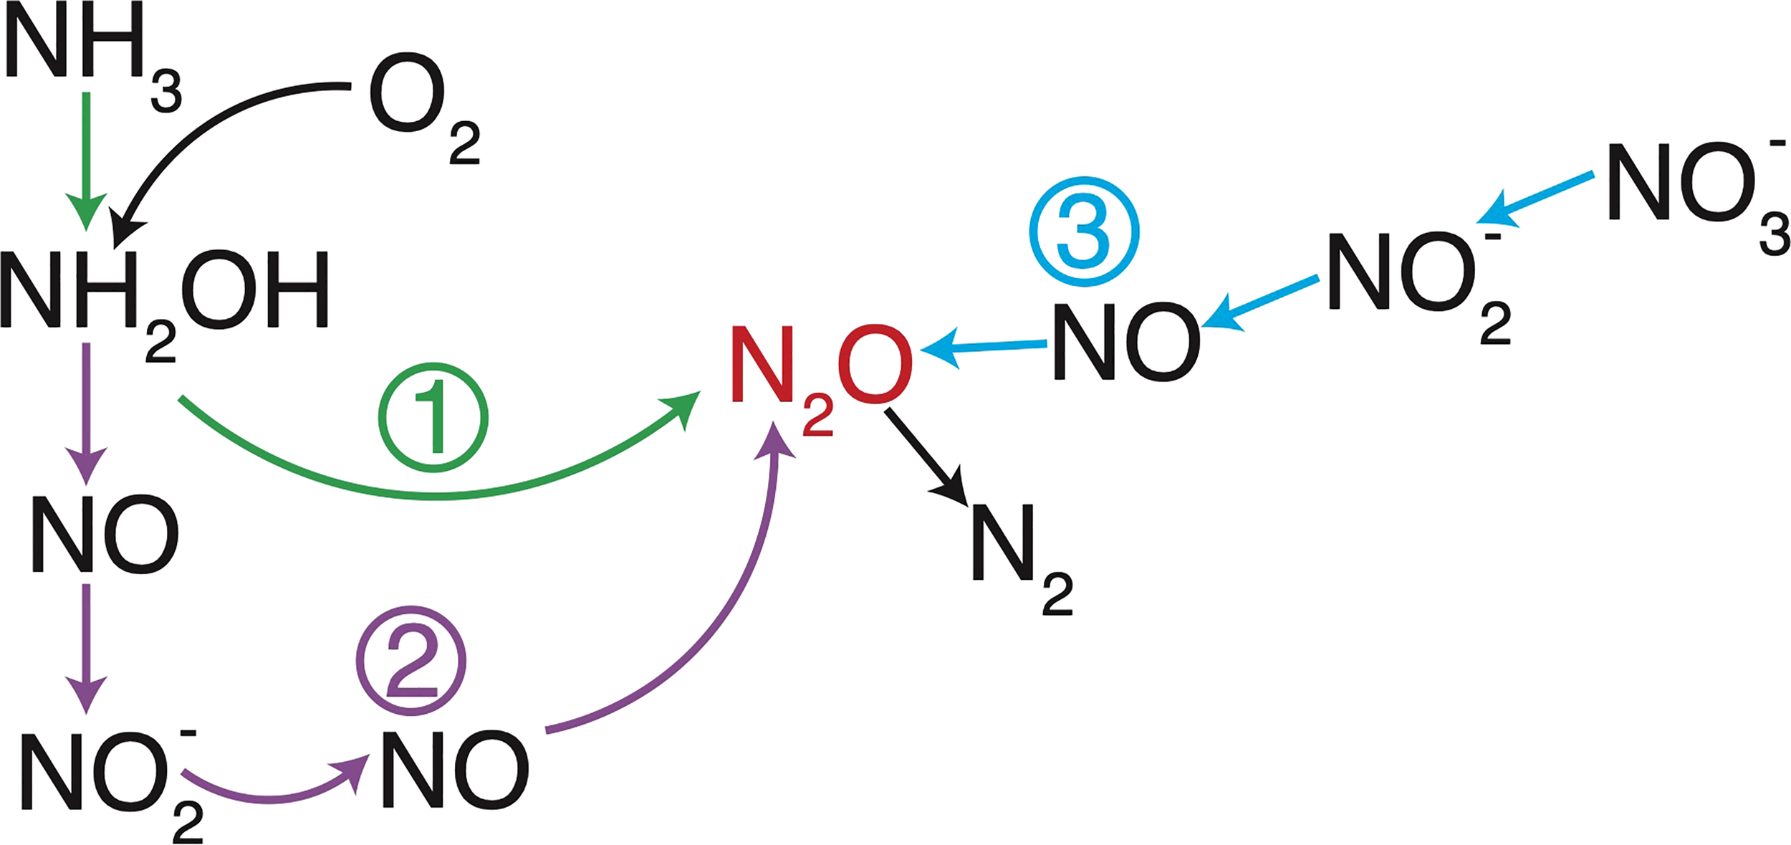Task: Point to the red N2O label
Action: tap(820, 373)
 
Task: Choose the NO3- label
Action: tap(1691, 190)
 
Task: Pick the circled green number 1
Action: tap(433, 417)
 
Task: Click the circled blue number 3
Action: tap(1084, 231)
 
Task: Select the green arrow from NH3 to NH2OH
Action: tap(87, 158)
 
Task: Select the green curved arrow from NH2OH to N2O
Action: tap(430, 495)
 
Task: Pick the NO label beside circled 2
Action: tap(455, 770)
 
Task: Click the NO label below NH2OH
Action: tap(105, 534)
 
